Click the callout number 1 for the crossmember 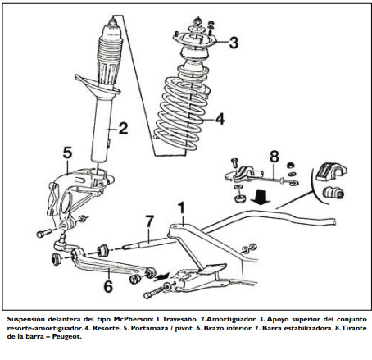[181, 208]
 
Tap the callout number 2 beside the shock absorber [123, 128]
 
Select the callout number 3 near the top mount [234, 43]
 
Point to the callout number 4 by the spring [220, 119]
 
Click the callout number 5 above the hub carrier [67, 153]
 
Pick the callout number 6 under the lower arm [108, 286]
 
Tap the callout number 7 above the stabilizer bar [150, 221]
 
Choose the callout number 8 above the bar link [274, 157]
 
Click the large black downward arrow [261, 198]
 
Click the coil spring [183, 112]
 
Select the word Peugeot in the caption [66, 336]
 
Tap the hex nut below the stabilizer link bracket [240, 198]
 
